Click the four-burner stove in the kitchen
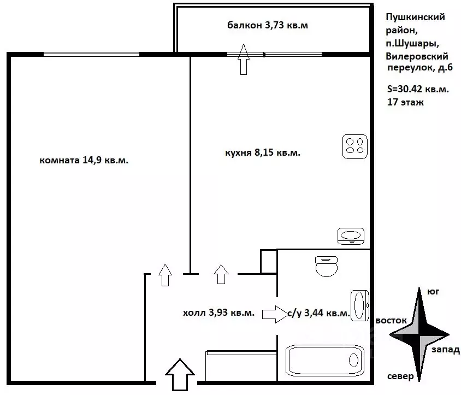coord(355,146)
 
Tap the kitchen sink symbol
coord(351,236)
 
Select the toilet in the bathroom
coord(326,266)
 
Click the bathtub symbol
coord(325,361)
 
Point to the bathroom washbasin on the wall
coord(360,305)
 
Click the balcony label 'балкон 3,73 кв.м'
coord(268,25)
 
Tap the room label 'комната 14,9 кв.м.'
coord(84,160)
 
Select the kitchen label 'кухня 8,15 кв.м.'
coord(263,152)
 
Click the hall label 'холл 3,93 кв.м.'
coord(218,313)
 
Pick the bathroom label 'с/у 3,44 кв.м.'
coord(318,313)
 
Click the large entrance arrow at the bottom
coord(180,375)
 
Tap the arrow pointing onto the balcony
coord(244,59)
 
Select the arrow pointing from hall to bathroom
coord(275,314)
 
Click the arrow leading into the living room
coord(166,275)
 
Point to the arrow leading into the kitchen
coord(221,274)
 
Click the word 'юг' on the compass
coord(433,292)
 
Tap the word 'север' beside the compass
coord(400,376)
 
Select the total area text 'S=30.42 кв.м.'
coord(418,89)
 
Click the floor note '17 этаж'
coord(405,102)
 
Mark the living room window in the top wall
coord(91,55)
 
